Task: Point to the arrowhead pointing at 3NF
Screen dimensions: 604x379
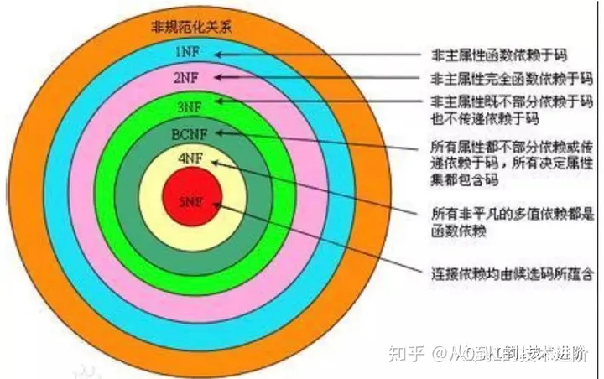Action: click(219, 101)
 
